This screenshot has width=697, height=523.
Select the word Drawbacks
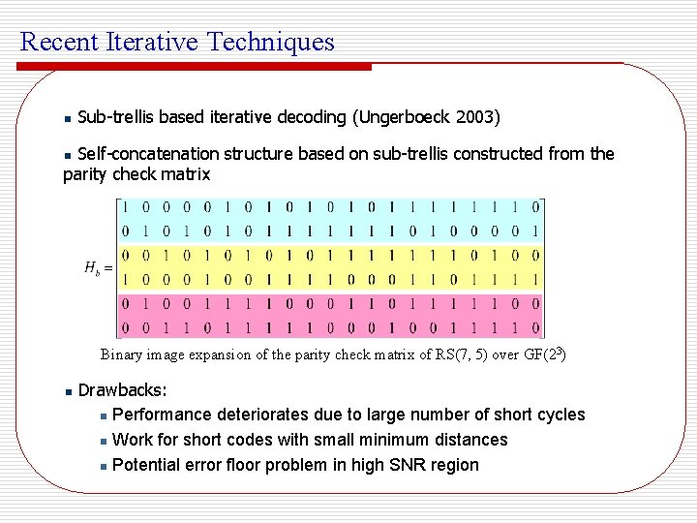tap(122, 390)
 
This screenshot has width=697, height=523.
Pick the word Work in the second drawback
tap(132, 440)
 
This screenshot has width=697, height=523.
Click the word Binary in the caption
tap(121, 354)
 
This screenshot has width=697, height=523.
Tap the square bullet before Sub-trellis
tap(67, 119)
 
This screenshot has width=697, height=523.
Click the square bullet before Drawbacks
tap(67, 392)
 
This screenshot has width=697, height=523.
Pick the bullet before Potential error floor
tap(104, 466)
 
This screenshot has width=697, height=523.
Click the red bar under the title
tap(194, 67)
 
